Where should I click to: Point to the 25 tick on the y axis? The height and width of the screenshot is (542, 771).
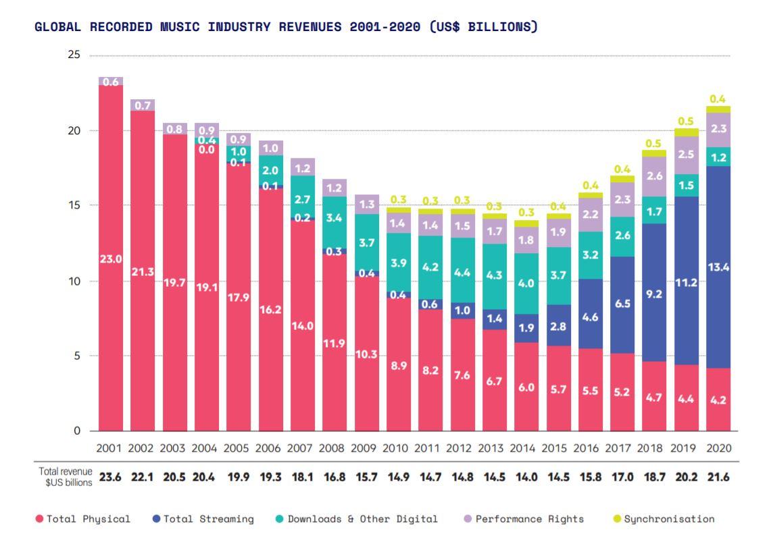pos(74,55)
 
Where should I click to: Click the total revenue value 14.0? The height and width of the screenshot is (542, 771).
pos(526,477)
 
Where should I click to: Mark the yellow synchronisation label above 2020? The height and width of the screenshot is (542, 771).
pos(718,99)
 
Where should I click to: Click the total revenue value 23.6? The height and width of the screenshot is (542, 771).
pos(109,477)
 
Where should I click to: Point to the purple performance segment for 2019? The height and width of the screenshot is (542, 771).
pos(687,155)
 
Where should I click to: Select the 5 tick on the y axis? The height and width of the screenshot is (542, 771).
pos(77,356)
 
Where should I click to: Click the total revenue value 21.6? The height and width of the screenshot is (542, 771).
pos(718,477)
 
